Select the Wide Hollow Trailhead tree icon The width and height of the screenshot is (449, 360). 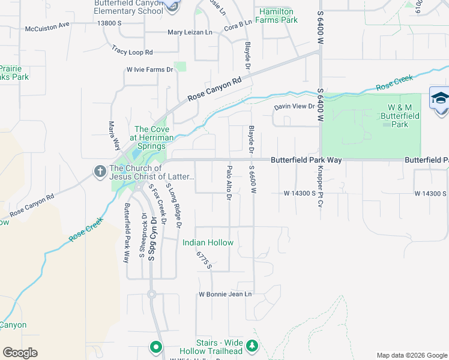coord(253,346)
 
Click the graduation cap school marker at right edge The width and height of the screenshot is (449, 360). coord(440,98)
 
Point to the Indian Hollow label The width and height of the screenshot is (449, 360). coord(208,242)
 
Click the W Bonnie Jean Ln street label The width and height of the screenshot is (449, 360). coord(225,295)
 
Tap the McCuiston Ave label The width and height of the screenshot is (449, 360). coord(47,29)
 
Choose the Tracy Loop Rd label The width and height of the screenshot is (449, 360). coord(133,52)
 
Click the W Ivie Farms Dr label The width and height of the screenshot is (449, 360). coord(149,70)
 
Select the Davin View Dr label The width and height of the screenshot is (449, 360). coord(294,107)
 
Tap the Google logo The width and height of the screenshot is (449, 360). coord(20,353)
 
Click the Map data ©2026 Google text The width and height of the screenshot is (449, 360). coord(411,355)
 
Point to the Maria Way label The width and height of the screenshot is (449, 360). coord(111,136)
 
